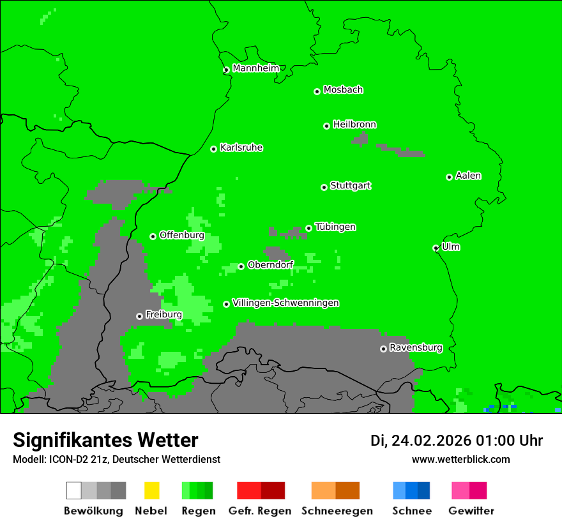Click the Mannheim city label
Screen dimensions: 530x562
click(255, 68)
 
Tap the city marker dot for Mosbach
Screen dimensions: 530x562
click(317, 91)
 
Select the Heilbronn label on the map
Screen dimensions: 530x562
click(354, 125)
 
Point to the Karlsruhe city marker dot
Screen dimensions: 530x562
click(214, 149)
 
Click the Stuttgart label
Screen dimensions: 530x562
click(351, 186)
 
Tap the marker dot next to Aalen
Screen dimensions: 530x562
click(449, 177)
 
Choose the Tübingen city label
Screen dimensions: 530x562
click(335, 227)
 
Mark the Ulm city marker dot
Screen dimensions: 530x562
click(436, 248)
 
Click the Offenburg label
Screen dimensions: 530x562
click(181, 235)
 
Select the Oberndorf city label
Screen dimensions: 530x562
click(270, 265)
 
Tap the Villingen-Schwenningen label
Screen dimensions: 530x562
click(285, 303)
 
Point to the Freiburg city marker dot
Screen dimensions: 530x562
click(139, 316)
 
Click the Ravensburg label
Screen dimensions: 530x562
click(416, 348)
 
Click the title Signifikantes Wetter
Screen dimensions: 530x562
click(105, 440)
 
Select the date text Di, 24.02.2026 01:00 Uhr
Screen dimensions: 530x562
click(457, 441)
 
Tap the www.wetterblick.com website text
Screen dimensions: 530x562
click(460, 459)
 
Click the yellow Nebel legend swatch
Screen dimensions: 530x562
click(151, 490)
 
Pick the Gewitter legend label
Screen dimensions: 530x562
click(471, 511)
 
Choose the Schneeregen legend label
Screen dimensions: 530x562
click(337, 511)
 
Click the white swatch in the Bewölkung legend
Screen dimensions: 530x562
click(73, 490)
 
